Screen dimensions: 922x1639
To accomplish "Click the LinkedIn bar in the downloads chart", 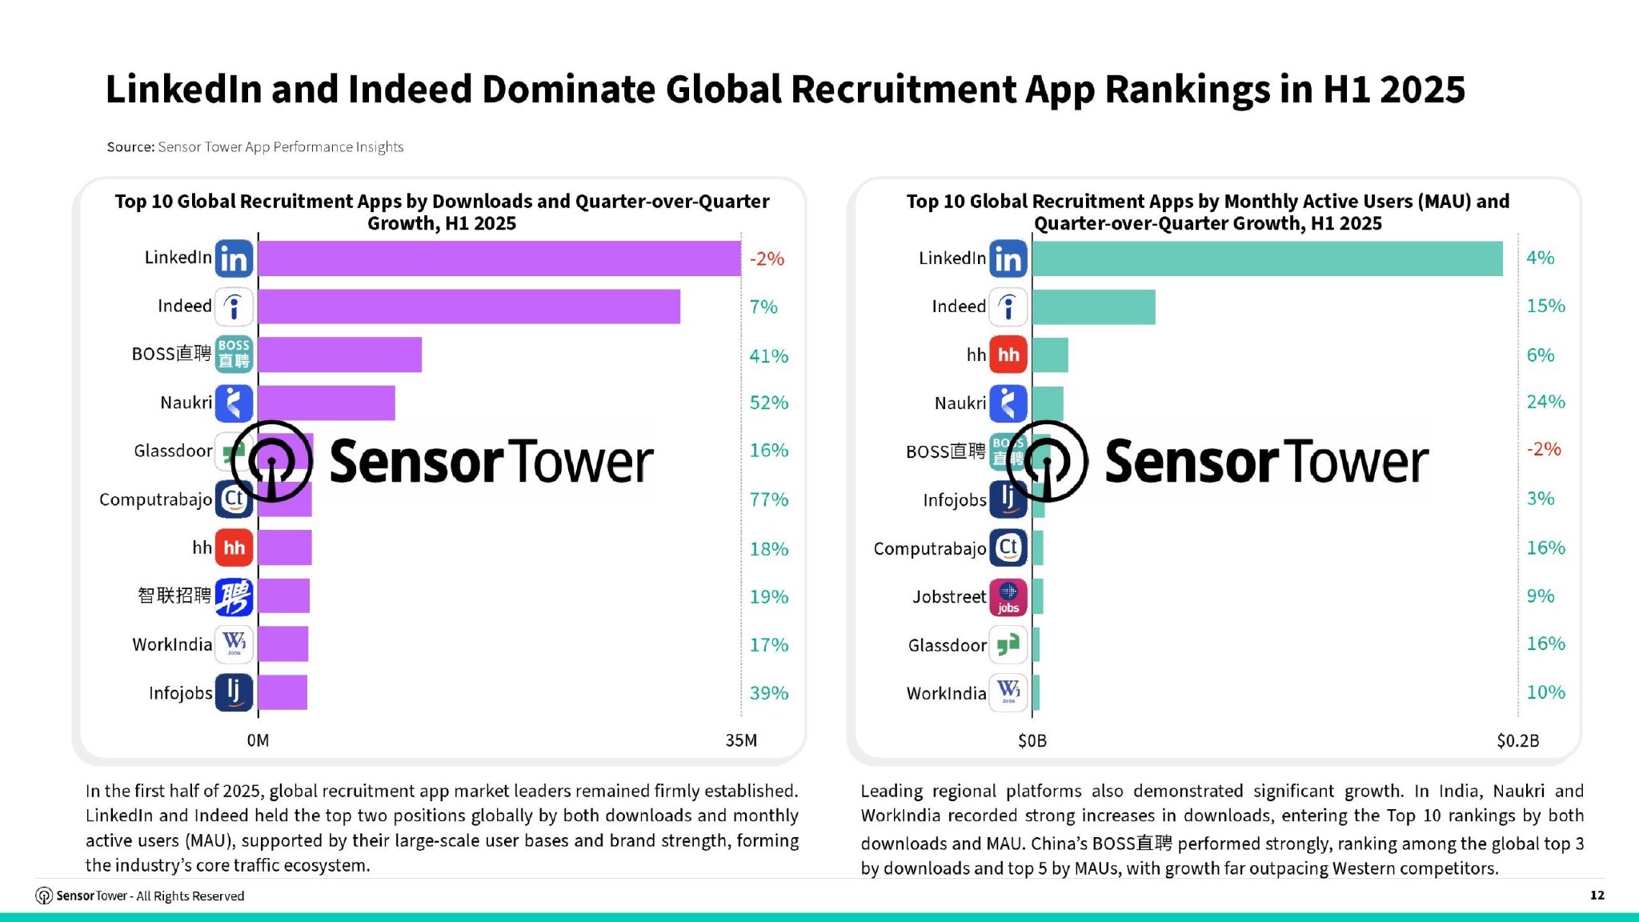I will (499, 259).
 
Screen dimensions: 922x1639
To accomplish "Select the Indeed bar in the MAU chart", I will (1093, 307).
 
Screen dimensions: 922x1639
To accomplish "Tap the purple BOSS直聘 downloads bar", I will (339, 355).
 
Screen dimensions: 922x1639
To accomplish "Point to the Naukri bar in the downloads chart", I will (327, 403).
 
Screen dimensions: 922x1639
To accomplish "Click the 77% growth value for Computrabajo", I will (768, 499).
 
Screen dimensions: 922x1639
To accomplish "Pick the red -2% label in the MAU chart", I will (1543, 449).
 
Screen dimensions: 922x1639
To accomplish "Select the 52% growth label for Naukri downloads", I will (768, 403).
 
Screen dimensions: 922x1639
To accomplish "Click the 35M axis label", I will (741, 740).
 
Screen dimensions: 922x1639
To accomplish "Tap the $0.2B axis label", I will (1517, 740).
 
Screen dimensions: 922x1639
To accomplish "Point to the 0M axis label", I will (258, 740).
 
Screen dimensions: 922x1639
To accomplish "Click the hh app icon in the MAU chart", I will (1008, 355).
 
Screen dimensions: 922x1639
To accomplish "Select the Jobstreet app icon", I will (1008, 597).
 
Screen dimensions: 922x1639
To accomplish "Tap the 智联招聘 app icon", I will (234, 596).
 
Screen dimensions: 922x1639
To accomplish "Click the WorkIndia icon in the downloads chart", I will (234, 644).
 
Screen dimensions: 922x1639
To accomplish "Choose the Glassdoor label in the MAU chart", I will (947, 645).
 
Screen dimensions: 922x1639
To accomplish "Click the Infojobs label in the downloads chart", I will (180, 693).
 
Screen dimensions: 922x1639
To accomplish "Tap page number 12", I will (1597, 895).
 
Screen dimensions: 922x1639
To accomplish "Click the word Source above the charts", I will (130, 146).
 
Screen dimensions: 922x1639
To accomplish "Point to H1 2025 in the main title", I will (1393, 89).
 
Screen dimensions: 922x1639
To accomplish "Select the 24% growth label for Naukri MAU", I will (1545, 402).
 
